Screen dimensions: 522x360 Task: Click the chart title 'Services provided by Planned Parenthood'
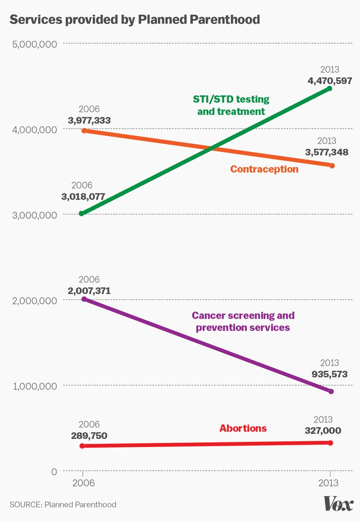point(135,19)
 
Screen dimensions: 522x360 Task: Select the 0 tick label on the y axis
point(54,471)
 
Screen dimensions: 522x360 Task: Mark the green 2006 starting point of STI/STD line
point(82,213)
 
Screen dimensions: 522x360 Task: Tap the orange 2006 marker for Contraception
point(84,131)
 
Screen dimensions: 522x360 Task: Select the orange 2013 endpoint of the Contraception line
point(332,165)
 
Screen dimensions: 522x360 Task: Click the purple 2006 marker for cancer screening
point(84,299)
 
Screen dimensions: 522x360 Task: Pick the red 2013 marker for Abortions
point(331,443)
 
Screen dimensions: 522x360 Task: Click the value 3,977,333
point(89,120)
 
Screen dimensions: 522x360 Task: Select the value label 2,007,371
point(89,291)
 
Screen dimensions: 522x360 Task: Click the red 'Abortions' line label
point(243,428)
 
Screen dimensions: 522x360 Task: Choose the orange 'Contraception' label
point(264,169)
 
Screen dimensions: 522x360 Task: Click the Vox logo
point(338,504)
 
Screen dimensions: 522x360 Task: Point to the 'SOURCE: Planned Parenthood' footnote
point(63,504)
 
